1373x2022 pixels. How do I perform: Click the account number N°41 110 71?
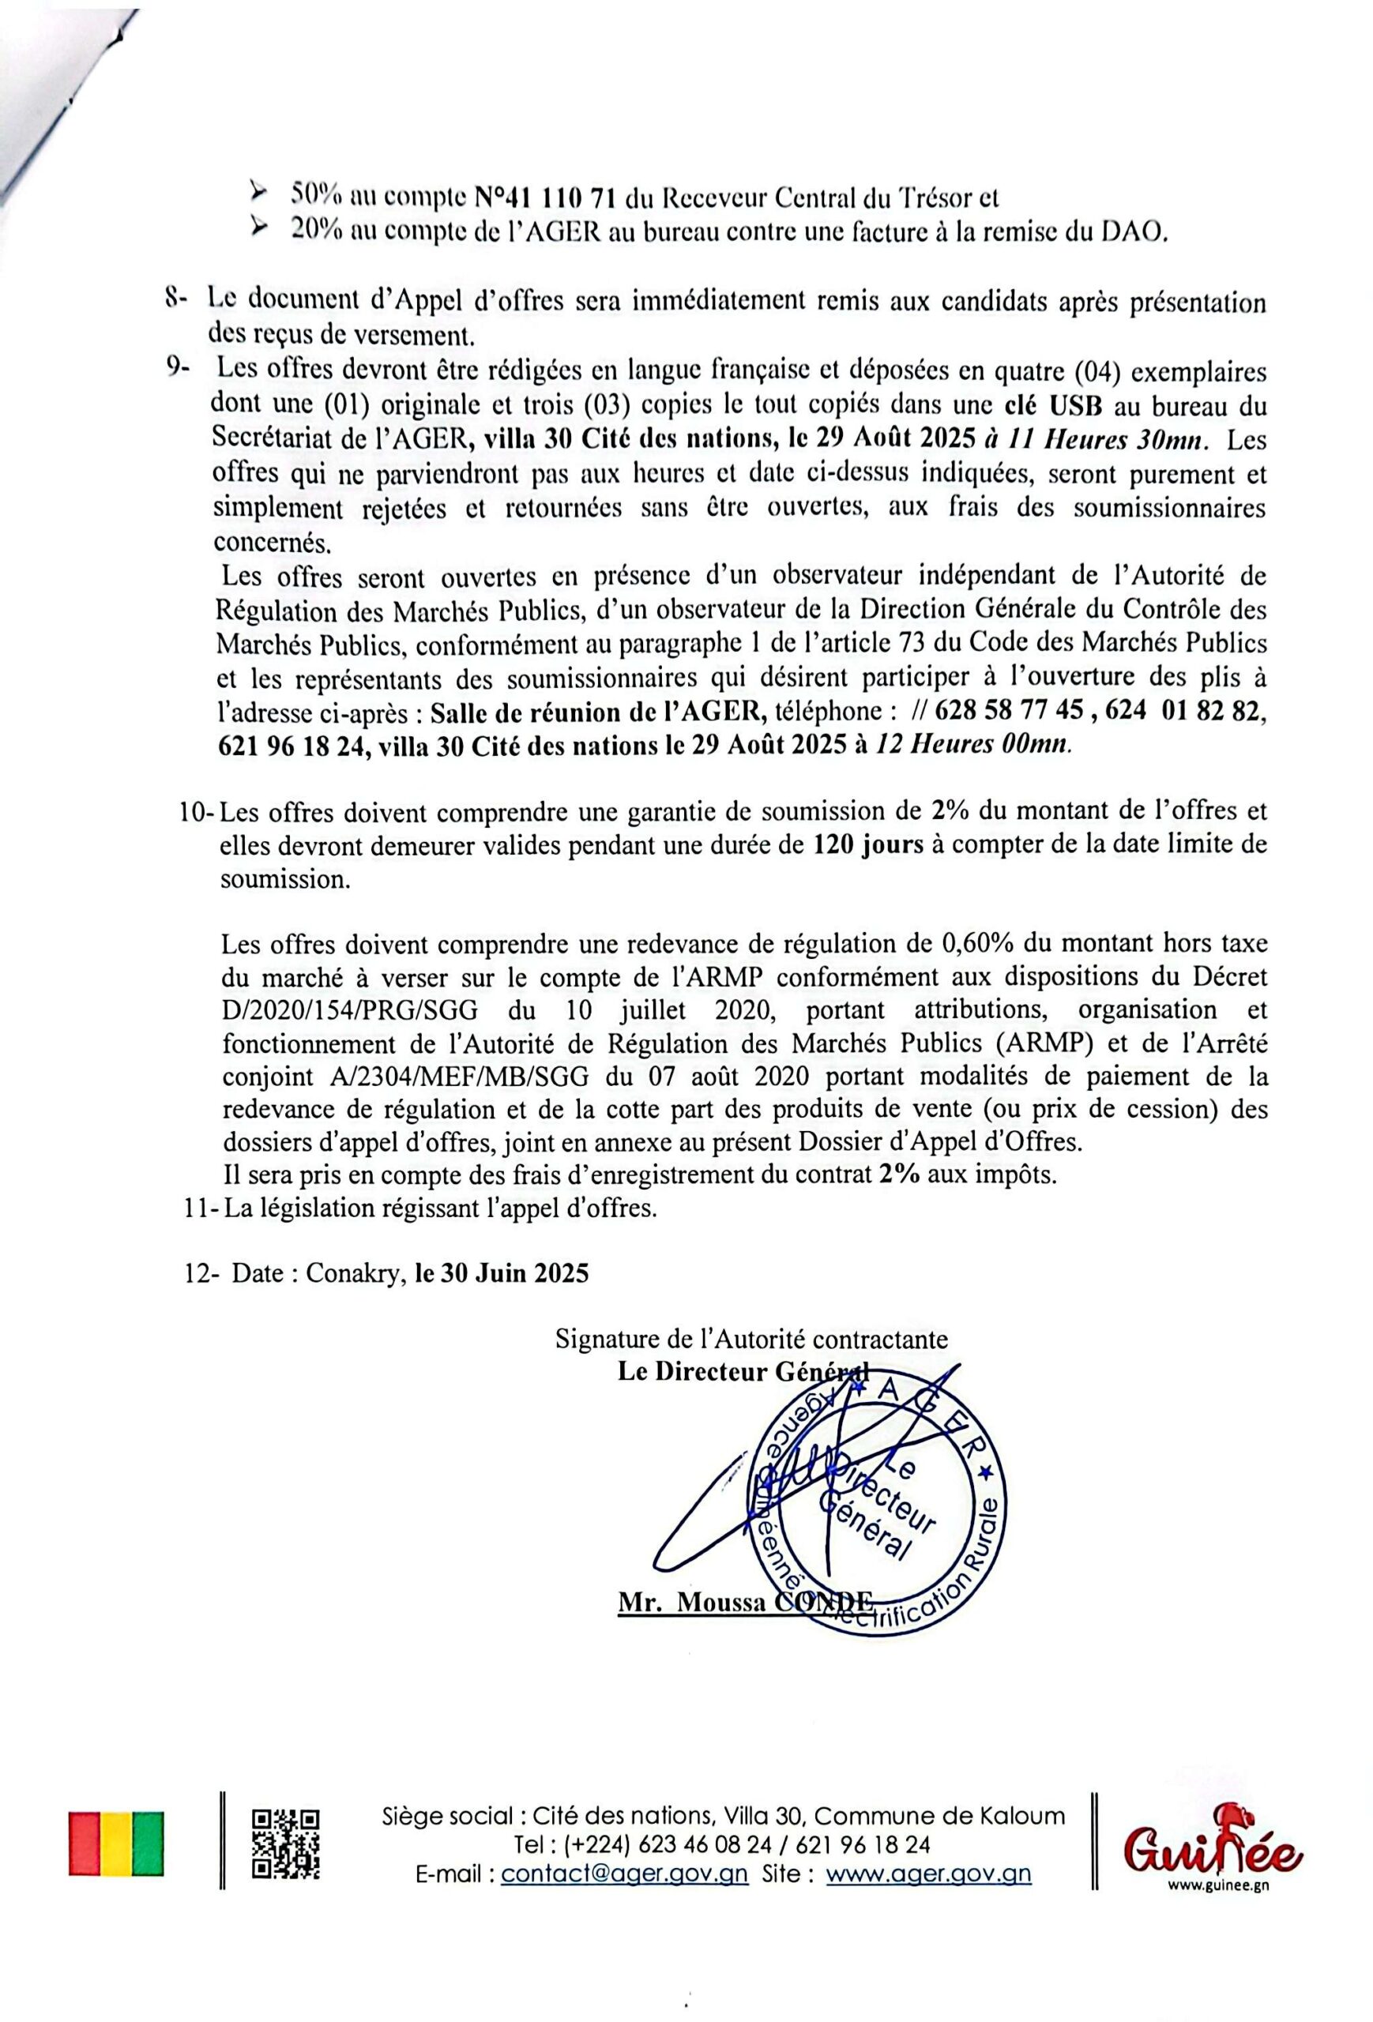click(546, 197)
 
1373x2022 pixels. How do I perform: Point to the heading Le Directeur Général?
click(739, 1371)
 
